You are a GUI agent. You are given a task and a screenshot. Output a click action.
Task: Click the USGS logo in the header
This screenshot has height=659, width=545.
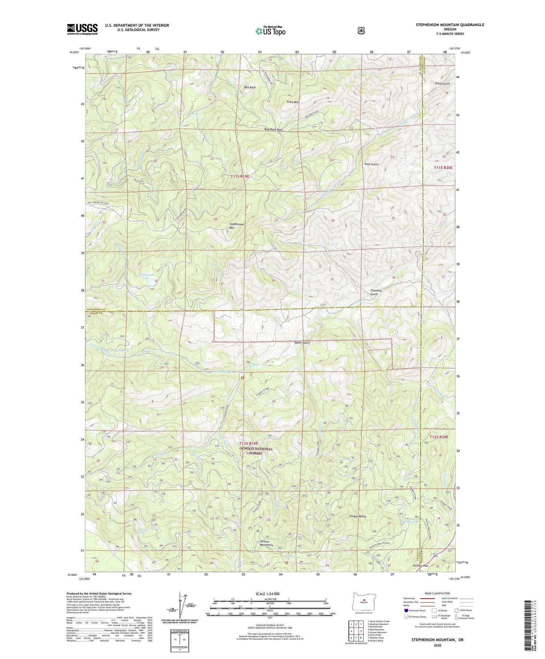(x=82, y=29)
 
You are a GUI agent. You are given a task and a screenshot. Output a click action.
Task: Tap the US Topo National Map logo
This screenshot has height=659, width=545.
(x=270, y=31)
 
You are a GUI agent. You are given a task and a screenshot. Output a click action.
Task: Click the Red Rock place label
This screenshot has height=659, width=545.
(x=250, y=88)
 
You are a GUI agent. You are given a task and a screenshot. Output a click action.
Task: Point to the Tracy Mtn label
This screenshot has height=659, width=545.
(x=292, y=102)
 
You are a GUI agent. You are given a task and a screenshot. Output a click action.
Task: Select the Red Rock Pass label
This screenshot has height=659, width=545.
(x=274, y=129)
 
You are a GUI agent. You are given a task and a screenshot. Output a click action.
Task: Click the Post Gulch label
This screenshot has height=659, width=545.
(x=371, y=164)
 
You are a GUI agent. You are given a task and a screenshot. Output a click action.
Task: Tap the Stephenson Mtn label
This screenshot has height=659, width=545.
(x=237, y=226)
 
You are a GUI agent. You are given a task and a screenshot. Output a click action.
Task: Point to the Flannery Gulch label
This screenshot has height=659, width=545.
(x=376, y=292)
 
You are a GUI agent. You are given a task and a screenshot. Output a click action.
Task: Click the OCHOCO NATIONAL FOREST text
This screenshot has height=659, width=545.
(x=256, y=451)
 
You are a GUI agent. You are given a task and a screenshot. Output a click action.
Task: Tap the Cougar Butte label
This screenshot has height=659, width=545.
(x=358, y=516)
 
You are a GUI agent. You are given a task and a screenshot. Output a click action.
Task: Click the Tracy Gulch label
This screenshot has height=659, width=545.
(x=442, y=84)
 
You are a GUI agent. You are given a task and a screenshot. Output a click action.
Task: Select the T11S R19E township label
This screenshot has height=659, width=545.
(x=240, y=176)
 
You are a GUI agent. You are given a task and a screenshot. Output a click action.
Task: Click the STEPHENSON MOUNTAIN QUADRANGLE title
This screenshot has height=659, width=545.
(x=450, y=25)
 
